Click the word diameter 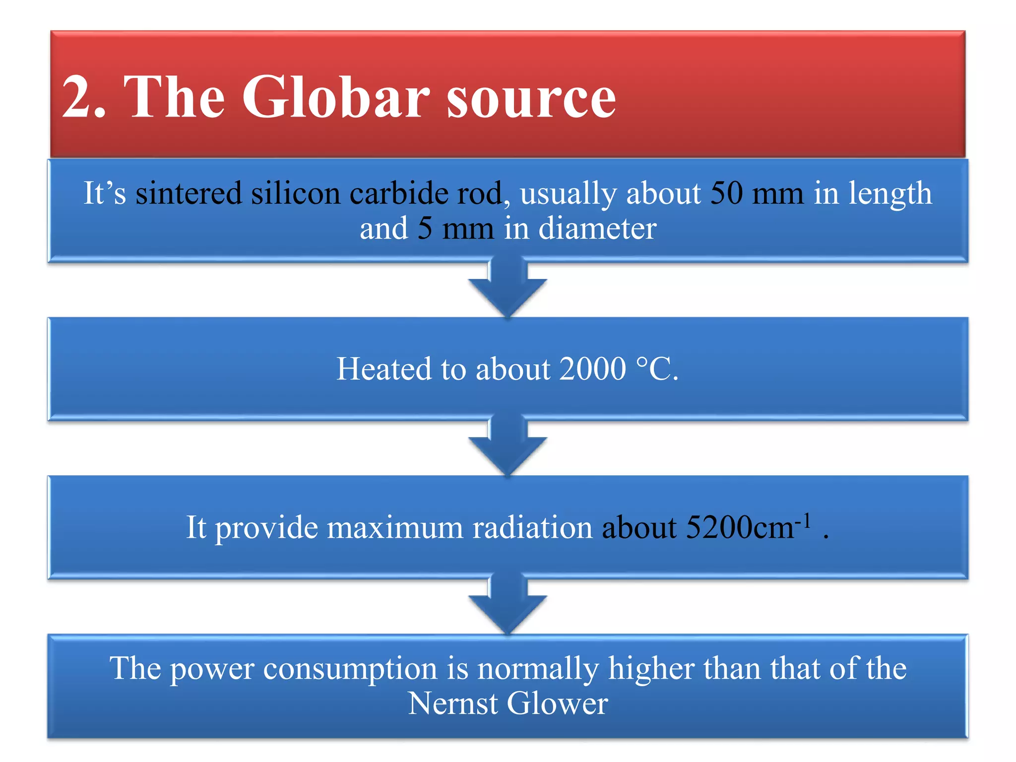[597, 229]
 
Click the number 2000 [593, 369]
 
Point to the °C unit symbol [652, 369]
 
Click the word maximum [395, 527]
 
